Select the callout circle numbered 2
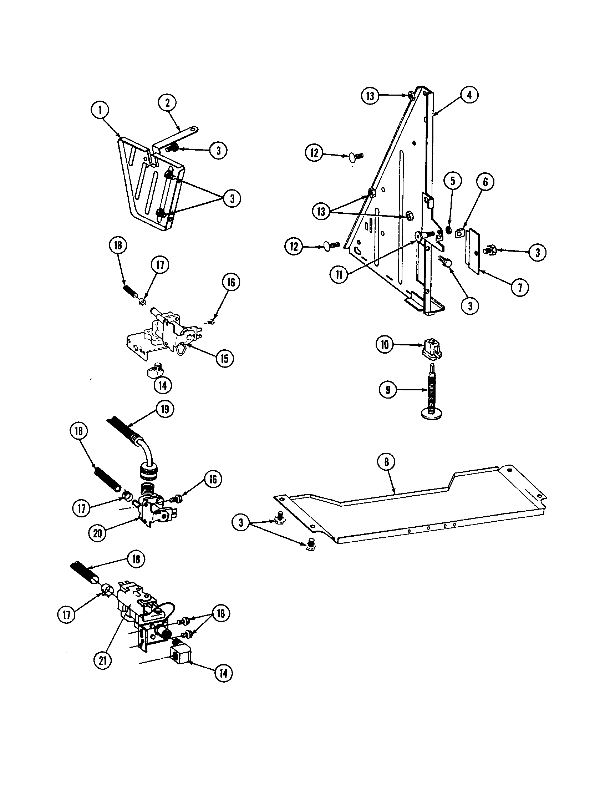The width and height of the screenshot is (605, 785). pos(167,103)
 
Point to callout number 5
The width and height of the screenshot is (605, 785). pos(453,181)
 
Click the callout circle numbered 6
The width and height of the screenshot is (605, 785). pos(485,182)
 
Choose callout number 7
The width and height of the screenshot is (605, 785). pos(519,288)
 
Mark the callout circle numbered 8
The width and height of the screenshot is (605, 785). pos(387,462)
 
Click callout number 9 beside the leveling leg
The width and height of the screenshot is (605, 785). pos(388,390)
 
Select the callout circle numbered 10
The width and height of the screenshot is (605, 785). pos(385,345)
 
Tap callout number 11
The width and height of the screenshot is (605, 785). pos(339,275)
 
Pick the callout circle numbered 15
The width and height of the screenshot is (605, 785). pos(224,358)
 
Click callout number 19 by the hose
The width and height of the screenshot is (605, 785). pos(164,409)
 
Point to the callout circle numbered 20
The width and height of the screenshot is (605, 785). pos(98,533)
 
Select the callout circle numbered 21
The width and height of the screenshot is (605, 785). pos(103,660)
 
